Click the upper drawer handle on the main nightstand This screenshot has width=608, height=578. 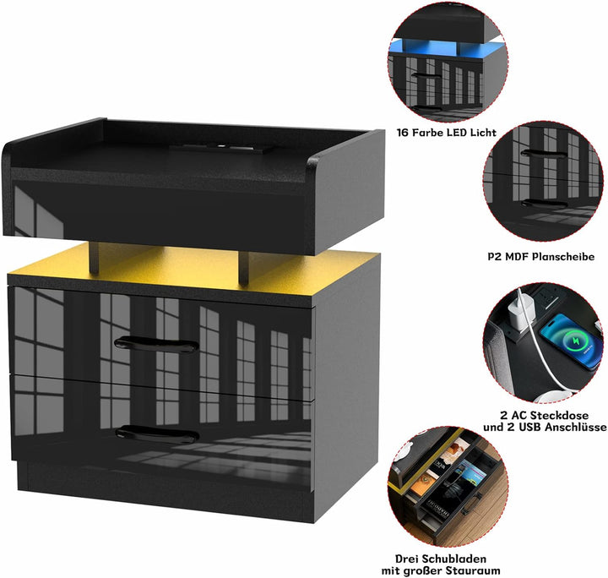point(157,345)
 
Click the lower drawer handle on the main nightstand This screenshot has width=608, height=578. point(157,433)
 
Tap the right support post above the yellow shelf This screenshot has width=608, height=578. point(243,269)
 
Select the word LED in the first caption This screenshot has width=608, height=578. point(457,133)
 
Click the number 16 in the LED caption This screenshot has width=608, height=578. point(403,133)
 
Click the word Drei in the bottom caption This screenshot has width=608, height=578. point(407,559)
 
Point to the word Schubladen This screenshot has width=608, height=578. point(454,559)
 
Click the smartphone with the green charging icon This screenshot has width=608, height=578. point(568,341)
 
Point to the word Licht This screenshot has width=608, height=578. point(484,133)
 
